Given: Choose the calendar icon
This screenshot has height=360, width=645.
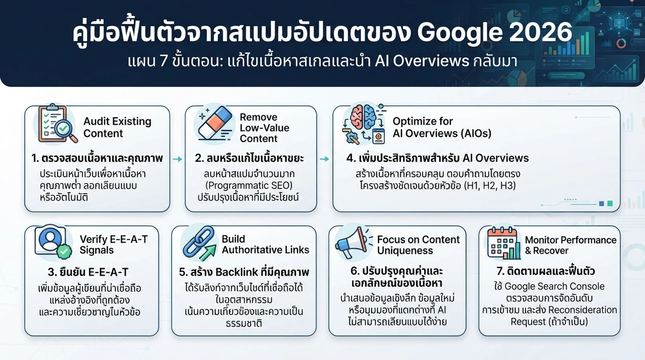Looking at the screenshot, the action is (504, 243).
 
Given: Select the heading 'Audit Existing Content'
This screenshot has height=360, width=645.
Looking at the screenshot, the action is (117, 127).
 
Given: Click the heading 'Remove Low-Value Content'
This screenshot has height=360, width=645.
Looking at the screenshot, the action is (264, 128).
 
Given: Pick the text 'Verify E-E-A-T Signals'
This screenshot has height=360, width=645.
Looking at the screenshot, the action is (113, 244).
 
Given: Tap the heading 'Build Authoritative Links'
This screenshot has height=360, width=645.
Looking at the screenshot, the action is (265, 244).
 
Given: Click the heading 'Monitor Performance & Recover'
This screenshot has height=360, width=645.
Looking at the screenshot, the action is (570, 245).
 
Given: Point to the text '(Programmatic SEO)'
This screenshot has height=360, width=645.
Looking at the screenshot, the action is (249, 185).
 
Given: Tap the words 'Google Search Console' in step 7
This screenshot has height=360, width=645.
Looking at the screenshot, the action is (554, 286).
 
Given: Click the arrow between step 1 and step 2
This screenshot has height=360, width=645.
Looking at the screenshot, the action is (178, 159).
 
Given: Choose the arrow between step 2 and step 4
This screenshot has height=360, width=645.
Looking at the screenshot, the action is (324, 159).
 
